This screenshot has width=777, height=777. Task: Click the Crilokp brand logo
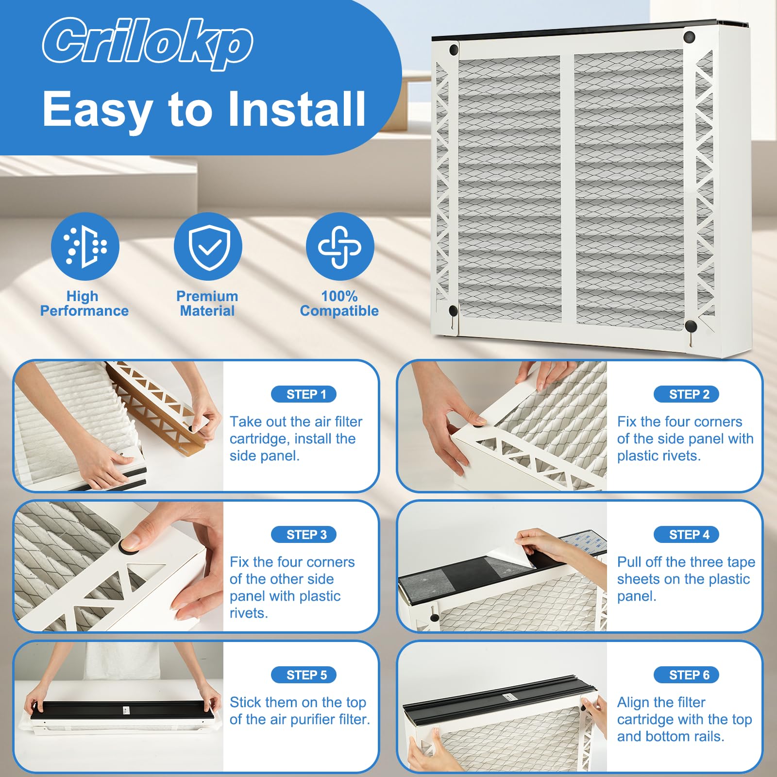click(x=148, y=43)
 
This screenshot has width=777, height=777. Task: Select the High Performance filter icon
click(x=85, y=246)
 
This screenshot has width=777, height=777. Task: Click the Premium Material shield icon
click(x=208, y=246)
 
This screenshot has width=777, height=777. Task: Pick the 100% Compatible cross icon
click(x=340, y=246)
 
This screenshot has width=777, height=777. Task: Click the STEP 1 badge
click(x=304, y=394)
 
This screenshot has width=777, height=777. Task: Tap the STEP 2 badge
click(x=686, y=394)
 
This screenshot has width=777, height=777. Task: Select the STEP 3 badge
click(x=304, y=535)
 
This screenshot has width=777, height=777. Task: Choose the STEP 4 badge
click(x=686, y=535)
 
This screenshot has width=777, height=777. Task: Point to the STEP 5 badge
click(x=304, y=675)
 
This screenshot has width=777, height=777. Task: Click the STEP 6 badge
click(x=686, y=675)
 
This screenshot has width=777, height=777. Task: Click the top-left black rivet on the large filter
click(x=454, y=50)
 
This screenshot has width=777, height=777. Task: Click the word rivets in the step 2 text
click(x=680, y=456)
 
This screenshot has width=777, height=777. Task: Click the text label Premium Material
click(x=207, y=304)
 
